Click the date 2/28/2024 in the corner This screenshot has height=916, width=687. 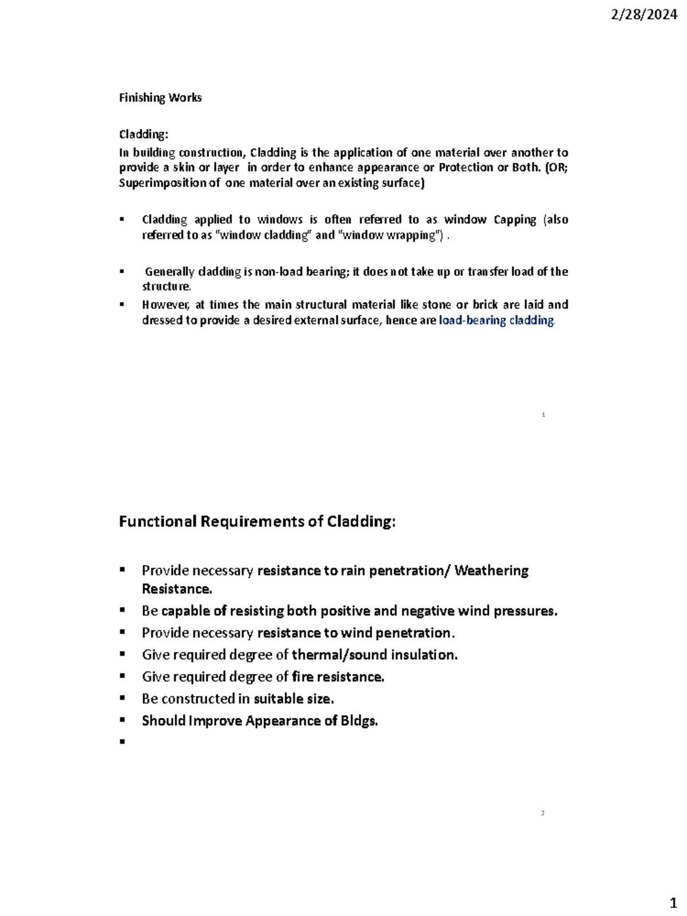click(644, 15)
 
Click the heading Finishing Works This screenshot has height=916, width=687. click(160, 98)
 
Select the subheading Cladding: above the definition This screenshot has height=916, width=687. click(144, 135)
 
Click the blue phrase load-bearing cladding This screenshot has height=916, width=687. click(496, 321)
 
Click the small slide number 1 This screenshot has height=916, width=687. click(543, 414)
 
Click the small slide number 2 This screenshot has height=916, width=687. click(543, 814)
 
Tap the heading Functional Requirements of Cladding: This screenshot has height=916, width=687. click(257, 522)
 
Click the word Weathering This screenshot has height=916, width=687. click(491, 571)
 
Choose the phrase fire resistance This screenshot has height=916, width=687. click(338, 677)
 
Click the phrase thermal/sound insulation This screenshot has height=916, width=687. click(374, 655)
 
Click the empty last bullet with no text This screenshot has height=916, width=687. click(122, 742)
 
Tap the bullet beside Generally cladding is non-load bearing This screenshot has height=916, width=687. click(122, 271)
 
